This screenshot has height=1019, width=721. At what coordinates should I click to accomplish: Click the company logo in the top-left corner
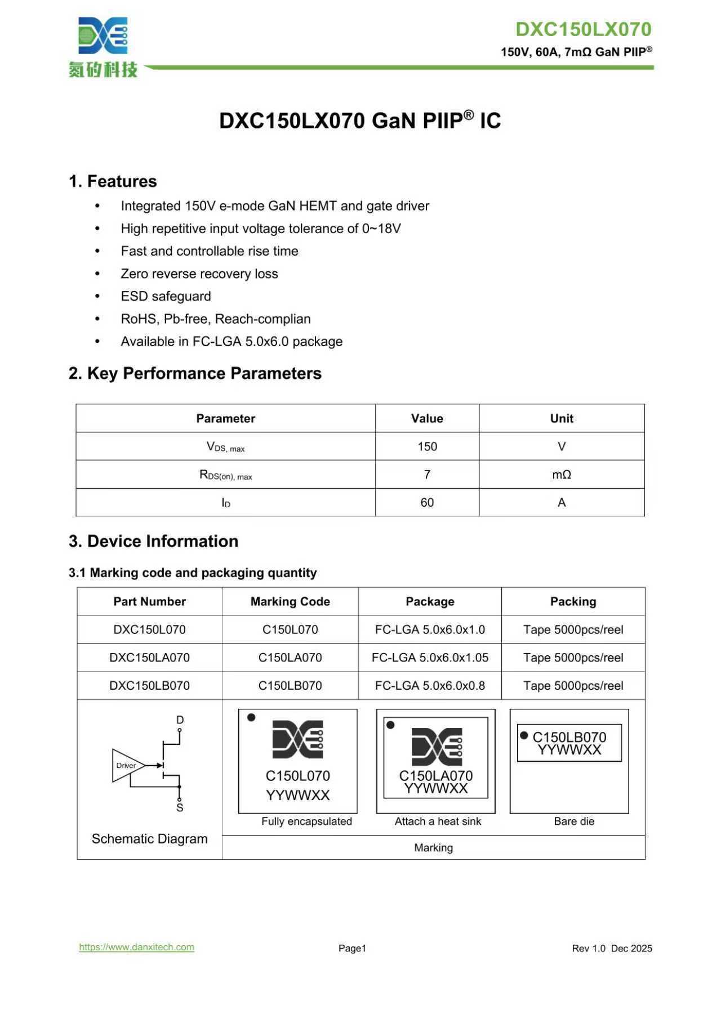click(103, 46)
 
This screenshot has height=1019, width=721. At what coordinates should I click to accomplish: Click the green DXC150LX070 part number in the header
click(583, 29)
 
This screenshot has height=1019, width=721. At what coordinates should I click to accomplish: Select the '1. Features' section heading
click(113, 181)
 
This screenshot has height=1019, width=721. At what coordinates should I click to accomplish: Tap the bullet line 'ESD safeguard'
click(166, 296)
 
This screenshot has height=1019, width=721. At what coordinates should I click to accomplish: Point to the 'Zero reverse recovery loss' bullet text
click(199, 274)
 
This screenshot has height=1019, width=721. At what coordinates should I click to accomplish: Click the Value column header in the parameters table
click(427, 418)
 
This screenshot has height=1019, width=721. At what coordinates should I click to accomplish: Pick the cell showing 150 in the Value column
click(427, 446)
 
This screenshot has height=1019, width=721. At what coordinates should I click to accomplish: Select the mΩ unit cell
click(562, 475)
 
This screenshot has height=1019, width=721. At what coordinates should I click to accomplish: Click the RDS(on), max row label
click(225, 475)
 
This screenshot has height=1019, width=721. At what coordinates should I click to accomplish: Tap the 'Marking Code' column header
click(290, 601)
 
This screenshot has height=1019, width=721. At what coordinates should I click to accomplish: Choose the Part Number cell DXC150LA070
click(149, 658)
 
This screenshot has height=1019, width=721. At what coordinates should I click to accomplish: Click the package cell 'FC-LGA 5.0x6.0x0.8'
click(430, 686)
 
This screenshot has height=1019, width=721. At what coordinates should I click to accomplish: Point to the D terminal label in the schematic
click(180, 719)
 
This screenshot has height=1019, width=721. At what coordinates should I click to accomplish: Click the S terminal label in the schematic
click(180, 808)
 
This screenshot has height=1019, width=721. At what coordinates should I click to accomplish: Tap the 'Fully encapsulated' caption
click(306, 821)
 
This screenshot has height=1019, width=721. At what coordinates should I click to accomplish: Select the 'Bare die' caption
click(574, 821)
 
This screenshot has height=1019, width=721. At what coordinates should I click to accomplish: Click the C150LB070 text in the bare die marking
click(569, 737)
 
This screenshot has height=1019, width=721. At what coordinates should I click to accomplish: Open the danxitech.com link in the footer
click(136, 947)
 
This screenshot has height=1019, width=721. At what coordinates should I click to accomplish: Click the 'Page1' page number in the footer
click(352, 948)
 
